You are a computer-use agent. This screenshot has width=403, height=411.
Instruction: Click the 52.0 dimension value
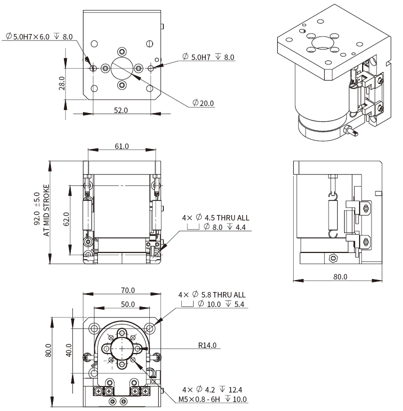(x=120, y=110)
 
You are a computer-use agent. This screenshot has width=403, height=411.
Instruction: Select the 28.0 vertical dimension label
(x=61, y=81)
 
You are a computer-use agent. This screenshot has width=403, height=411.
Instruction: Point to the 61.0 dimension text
(x=122, y=146)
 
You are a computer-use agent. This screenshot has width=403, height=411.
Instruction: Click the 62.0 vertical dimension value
(x=66, y=219)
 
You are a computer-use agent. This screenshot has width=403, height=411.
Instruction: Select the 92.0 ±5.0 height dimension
(x=37, y=211)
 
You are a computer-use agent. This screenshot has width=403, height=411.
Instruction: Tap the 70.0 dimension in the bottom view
(x=127, y=290)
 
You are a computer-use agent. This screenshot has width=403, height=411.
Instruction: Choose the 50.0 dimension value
(x=127, y=304)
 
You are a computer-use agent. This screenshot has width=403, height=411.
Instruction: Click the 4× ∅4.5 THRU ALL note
(x=216, y=218)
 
